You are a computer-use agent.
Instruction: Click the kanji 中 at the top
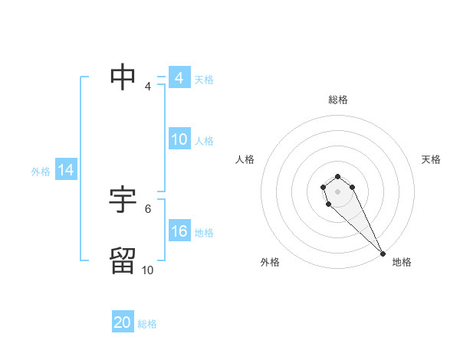tap(123, 76)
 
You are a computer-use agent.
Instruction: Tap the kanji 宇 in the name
tap(123, 200)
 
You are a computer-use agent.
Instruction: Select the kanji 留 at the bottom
tap(123, 260)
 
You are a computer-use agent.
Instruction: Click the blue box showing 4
tap(179, 78)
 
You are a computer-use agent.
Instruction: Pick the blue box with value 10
tap(179, 139)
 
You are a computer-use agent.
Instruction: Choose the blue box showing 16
tap(179, 231)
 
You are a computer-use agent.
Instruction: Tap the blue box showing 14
tap(66, 170)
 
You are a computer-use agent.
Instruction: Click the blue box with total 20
tap(123, 322)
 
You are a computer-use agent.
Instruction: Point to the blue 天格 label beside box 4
tap(204, 80)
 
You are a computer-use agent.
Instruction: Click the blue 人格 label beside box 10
tap(204, 141)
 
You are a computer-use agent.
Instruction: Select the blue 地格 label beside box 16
tap(204, 233)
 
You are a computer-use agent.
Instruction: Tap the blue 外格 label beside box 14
tap(41, 172)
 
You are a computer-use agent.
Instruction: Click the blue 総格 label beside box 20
tap(147, 324)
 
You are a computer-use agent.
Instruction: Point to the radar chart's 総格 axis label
tap(338, 100)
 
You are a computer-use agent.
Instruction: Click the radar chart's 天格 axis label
tap(432, 159)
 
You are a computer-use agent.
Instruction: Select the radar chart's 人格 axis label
tap(245, 159)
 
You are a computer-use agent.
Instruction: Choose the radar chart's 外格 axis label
tap(270, 262)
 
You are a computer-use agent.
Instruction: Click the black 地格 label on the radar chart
tap(402, 262)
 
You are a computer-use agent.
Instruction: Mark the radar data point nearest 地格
tap(383, 254)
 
